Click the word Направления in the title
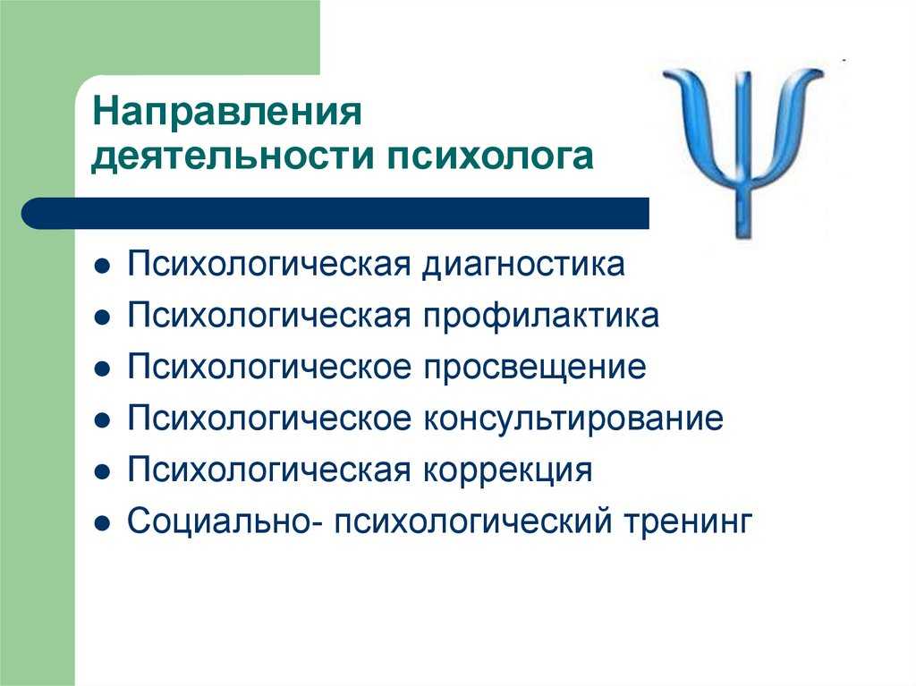point(226,111)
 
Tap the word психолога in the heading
point(489,157)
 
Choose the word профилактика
point(541,317)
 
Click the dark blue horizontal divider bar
point(335,213)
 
